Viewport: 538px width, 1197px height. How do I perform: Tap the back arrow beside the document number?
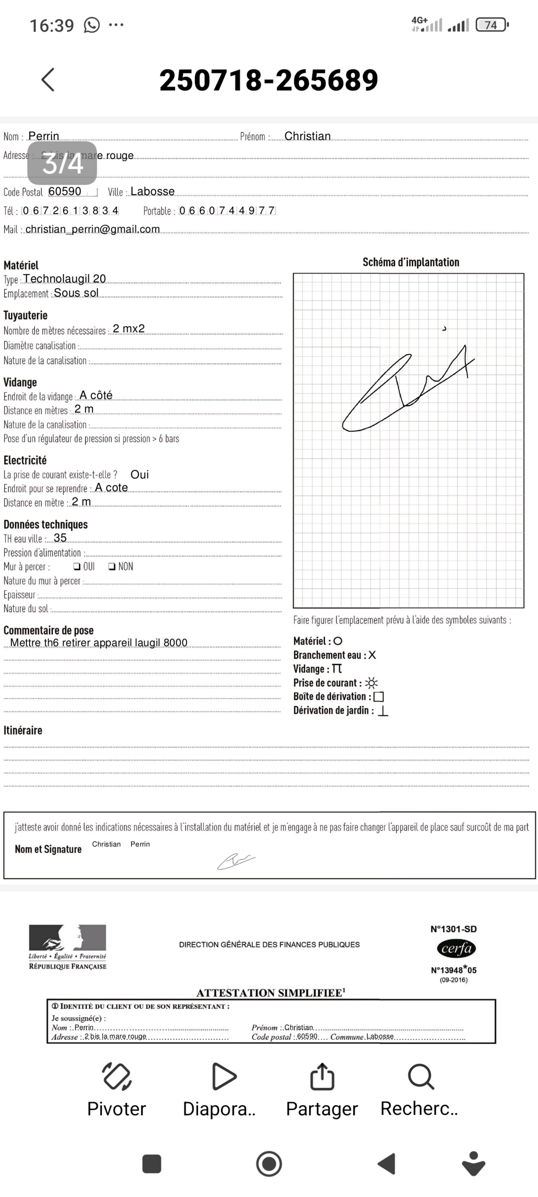[x=48, y=79]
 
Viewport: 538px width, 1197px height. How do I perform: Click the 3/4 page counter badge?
[x=62, y=163]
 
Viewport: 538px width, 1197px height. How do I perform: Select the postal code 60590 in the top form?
[x=65, y=191]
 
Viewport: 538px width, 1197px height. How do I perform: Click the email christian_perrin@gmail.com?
[x=92, y=229]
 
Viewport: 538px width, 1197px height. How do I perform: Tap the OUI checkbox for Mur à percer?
[x=77, y=566]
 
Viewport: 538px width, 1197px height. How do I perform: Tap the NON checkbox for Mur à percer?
[x=112, y=566]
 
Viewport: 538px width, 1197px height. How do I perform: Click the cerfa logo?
[x=456, y=948]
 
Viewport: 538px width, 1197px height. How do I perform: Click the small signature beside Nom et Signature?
[x=236, y=861]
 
